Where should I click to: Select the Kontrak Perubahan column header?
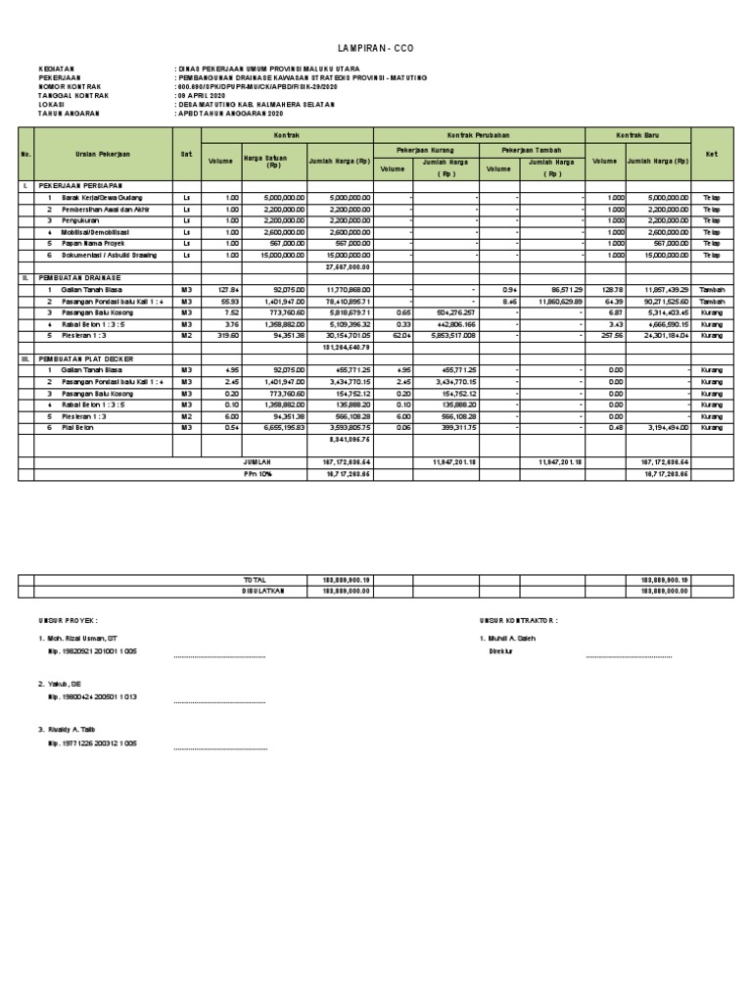click(x=479, y=133)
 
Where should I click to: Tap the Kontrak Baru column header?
click(x=637, y=133)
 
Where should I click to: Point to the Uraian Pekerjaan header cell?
click(x=103, y=155)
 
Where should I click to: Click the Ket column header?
click(x=711, y=155)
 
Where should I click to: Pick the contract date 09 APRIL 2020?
click(x=202, y=95)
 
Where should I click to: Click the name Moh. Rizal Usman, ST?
click(x=83, y=638)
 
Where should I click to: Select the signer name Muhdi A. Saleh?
click(x=511, y=638)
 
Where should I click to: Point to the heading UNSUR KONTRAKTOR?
click(x=518, y=620)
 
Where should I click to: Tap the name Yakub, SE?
click(x=63, y=684)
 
